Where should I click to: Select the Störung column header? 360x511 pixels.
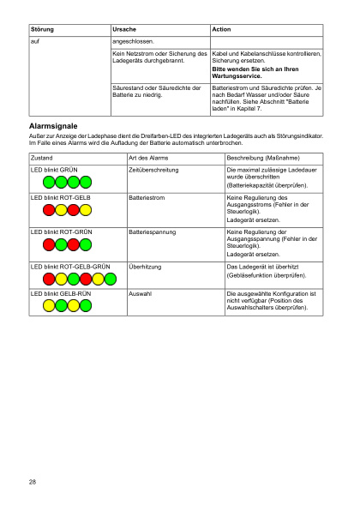tap(42, 29)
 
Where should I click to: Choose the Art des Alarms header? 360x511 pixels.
tap(146, 159)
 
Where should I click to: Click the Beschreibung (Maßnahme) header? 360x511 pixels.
tap(262, 159)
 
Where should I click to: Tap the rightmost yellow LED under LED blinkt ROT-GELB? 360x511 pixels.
tap(86, 209)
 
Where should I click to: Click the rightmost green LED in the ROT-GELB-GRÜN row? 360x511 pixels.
tap(110, 279)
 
